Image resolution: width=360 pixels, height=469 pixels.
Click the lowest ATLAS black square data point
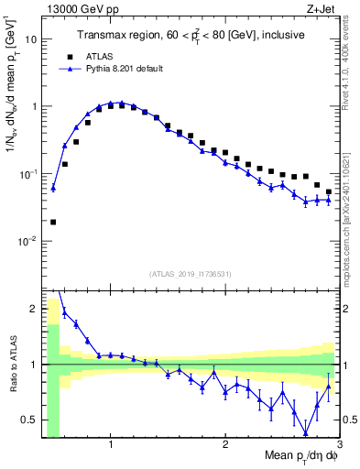[x=53, y=222]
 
